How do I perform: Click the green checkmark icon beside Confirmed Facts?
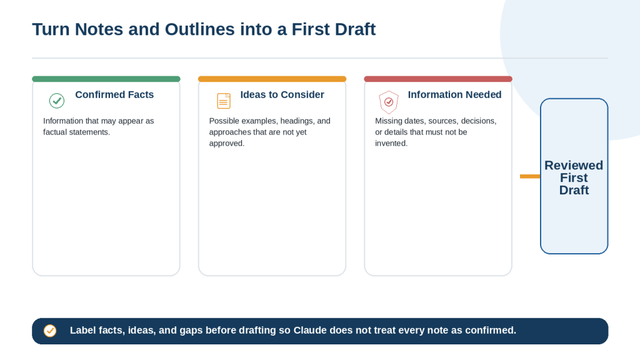tap(57, 101)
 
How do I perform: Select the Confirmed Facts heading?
tap(114, 95)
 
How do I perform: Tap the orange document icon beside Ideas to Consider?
tap(224, 101)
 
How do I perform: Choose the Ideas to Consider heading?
tap(282, 95)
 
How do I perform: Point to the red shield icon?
tap(389, 102)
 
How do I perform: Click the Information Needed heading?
tap(455, 95)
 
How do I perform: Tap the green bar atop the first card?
tap(106, 79)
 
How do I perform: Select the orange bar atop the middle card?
tap(272, 79)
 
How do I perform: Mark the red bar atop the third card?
tap(438, 79)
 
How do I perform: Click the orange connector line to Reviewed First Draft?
tap(530, 176)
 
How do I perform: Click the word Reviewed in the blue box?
tap(574, 165)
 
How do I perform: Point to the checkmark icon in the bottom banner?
tap(50, 331)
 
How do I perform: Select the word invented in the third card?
tap(391, 143)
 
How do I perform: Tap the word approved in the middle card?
tap(226, 144)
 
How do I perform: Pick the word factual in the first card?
tap(56, 132)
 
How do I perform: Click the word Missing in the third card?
tap(389, 121)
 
